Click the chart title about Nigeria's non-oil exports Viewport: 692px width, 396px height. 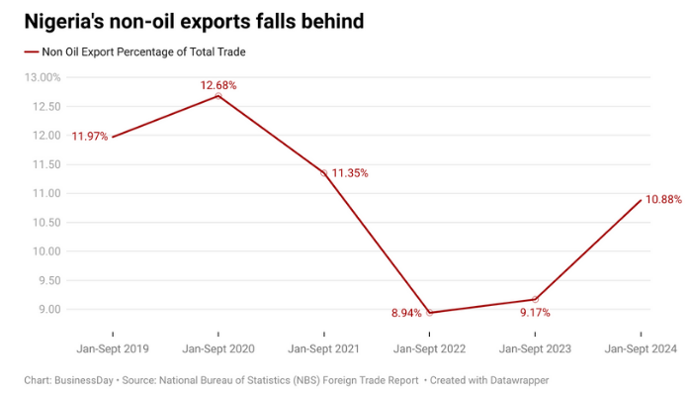click(x=194, y=20)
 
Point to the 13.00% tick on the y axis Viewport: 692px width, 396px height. click(x=42, y=77)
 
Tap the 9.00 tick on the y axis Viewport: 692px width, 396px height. click(x=46, y=309)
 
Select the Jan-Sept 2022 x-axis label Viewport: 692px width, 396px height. click(x=429, y=349)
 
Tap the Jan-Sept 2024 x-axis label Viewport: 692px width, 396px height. click(x=641, y=349)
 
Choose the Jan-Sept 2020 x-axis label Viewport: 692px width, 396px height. click(x=217, y=349)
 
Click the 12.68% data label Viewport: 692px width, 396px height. click(x=218, y=85)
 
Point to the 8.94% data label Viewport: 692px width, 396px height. click(x=410, y=313)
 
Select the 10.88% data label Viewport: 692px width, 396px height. click(x=663, y=199)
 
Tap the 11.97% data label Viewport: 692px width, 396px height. click(x=90, y=136)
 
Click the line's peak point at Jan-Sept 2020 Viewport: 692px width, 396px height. click(x=218, y=95)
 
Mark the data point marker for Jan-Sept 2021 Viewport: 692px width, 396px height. click(x=324, y=173)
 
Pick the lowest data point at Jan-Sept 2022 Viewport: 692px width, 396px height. click(x=430, y=313)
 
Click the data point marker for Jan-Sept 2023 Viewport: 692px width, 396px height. click(x=536, y=299)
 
